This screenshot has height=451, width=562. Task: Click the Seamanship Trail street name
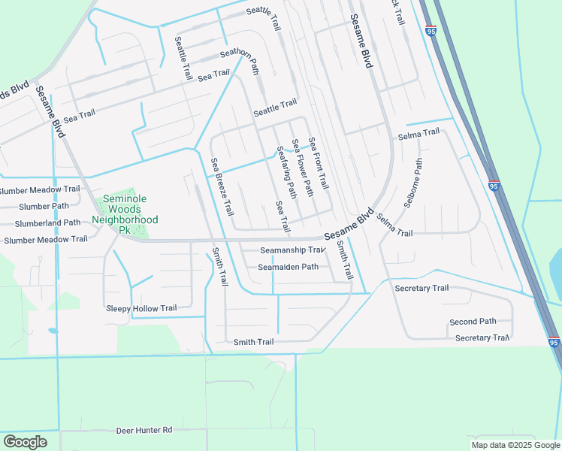pyautogui.click(x=292, y=250)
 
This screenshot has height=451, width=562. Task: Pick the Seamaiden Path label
pyautogui.click(x=289, y=267)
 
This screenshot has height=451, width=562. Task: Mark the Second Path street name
pyautogui.click(x=473, y=322)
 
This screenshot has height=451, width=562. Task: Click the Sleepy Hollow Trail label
pyautogui.click(x=141, y=308)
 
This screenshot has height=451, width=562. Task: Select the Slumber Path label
pyautogui.click(x=44, y=206)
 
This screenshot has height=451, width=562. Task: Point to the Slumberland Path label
pyautogui.click(x=41, y=222)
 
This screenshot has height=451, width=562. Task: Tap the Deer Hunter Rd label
pyautogui.click(x=144, y=431)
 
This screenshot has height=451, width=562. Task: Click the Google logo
pyautogui.click(x=25, y=442)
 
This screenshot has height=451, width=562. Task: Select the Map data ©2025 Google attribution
pyautogui.click(x=515, y=445)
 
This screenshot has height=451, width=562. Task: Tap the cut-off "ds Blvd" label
pyautogui.click(x=15, y=92)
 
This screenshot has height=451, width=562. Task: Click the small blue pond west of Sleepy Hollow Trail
pyautogui.click(x=52, y=330)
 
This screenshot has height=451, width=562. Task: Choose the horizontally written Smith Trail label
pyautogui.click(x=253, y=342)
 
